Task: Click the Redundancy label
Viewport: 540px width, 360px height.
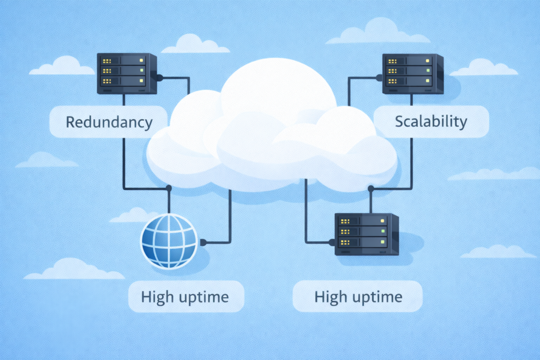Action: [x=109, y=122]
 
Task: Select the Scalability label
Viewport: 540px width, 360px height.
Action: [x=431, y=122]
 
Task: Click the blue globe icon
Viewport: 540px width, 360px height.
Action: [x=169, y=240]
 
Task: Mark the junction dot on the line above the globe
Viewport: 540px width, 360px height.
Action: [x=169, y=188]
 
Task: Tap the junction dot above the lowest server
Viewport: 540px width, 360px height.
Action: [x=371, y=188]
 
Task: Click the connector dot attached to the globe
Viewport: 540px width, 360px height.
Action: [x=202, y=243]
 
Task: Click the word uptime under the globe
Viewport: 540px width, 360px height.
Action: [x=202, y=297]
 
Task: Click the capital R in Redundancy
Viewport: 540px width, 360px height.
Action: [x=70, y=122]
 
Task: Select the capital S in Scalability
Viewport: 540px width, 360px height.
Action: [x=399, y=122]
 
